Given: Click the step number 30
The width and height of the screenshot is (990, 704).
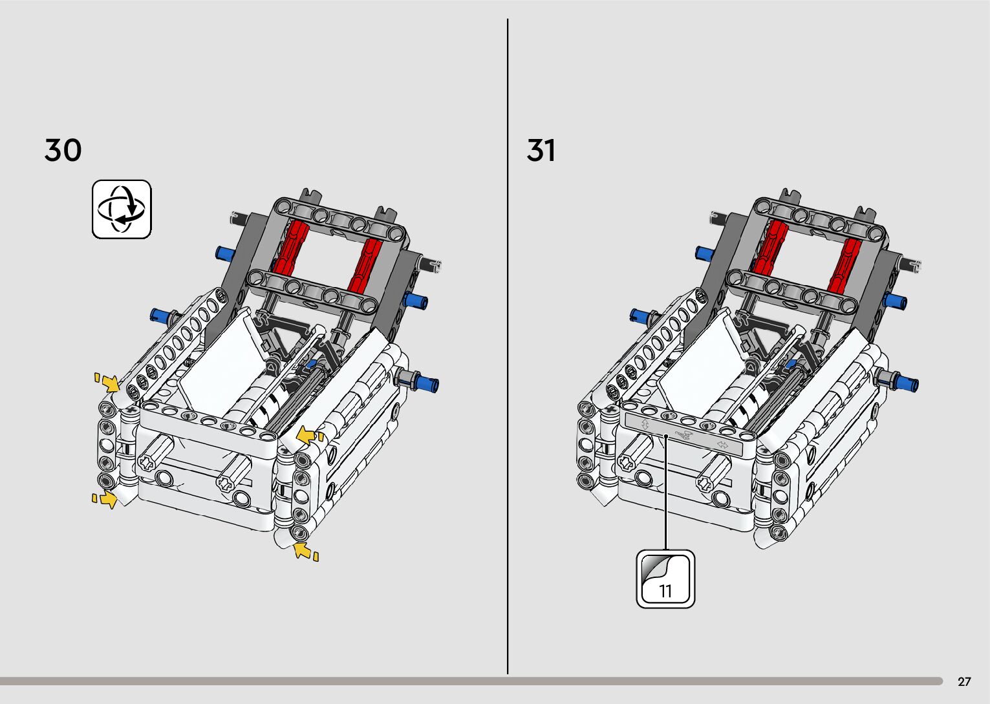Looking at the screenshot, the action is (63, 150).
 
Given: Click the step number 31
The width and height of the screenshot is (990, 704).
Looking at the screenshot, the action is (541, 150).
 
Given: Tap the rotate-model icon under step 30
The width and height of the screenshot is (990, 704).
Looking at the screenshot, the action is (122, 209).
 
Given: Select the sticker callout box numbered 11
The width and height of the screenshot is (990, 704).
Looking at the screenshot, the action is (665, 579).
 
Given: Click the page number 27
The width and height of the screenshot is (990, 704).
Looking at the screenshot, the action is (964, 681).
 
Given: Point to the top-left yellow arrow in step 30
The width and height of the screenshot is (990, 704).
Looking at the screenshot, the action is (108, 383).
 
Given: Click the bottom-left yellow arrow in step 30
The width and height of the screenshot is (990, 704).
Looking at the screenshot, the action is (105, 498).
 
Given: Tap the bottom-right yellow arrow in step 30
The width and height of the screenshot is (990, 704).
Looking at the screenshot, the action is (305, 551).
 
